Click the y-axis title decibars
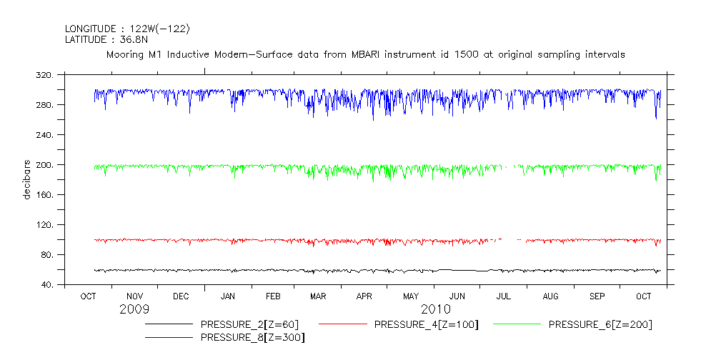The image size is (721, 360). [x=27, y=180]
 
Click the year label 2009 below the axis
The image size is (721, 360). [x=134, y=309]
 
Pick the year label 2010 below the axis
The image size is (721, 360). [x=436, y=309]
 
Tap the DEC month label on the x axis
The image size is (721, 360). [x=181, y=296]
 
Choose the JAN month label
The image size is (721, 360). [x=228, y=296]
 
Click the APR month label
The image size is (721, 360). [x=364, y=296]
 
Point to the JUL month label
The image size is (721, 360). [x=504, y=296]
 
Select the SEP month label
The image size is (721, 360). [x=597, y=296]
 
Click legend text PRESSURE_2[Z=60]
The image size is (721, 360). [x=245, y=325]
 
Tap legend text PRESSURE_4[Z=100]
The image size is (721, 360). [x=426, y=325]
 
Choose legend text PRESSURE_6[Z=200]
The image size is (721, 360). [x=600, y=325]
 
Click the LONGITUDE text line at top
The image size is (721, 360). [x=127, y=29]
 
